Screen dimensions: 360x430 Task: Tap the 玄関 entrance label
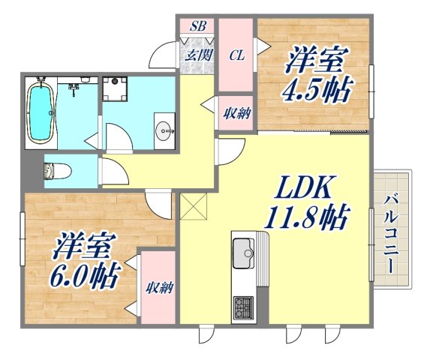[x=198, y=55]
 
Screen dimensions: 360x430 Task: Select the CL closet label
[x=236, y=55]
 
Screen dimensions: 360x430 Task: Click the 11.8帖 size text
[x=304, y=218]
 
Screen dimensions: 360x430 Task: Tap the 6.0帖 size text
[x=86, y=277]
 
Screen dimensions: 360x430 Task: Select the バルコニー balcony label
[x=391, y=234]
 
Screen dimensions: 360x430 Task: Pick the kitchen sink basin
[x=243, y=251]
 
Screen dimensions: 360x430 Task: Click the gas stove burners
[x=244, y=307]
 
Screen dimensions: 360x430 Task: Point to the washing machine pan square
[x=115, y=88]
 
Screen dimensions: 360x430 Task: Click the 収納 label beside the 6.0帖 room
[x=156, y=287]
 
